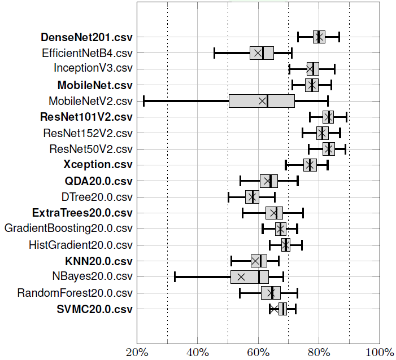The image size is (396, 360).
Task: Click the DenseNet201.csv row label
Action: (x=86, y=38)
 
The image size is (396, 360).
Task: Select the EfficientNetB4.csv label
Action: (x=87, y=54)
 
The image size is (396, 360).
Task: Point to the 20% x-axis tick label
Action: (x=136, y=352)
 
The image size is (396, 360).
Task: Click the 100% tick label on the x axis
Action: (x=380, y=352)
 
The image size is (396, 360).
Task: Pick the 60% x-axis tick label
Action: (x=258, y=352)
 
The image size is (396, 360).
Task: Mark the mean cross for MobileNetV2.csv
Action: (x=262, y=101)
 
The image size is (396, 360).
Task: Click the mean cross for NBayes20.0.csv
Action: (x=241, y=277)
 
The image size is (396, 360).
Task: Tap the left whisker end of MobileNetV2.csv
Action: (x=143, y=101)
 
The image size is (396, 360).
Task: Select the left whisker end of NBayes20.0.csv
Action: (x=175, y=277)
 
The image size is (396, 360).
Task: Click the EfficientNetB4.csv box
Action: (x=262, y=53)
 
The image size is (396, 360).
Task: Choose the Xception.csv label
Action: (x=98, y=165)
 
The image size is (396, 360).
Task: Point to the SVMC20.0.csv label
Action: (x=94, y=309)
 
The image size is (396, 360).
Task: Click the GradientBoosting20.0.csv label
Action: (x=68, y=229)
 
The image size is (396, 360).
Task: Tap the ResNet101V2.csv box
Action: (x=328, y=117)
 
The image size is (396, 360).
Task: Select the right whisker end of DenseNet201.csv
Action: (x=339, y=37)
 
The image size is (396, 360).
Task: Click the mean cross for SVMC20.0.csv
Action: (x=273, y=309)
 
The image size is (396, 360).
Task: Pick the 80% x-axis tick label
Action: (x=319, y=352)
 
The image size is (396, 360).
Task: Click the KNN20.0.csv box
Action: (x=259, y=261)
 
